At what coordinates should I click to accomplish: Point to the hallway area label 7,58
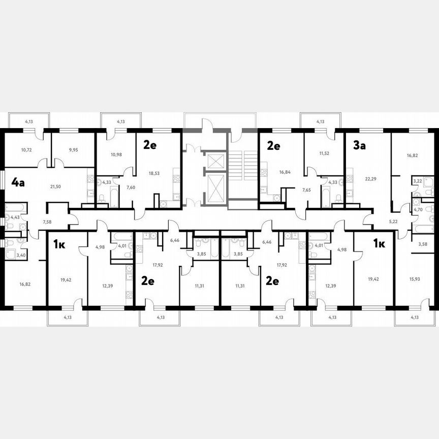[x=47, y=222]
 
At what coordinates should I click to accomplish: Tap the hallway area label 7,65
[x=306, y=190]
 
